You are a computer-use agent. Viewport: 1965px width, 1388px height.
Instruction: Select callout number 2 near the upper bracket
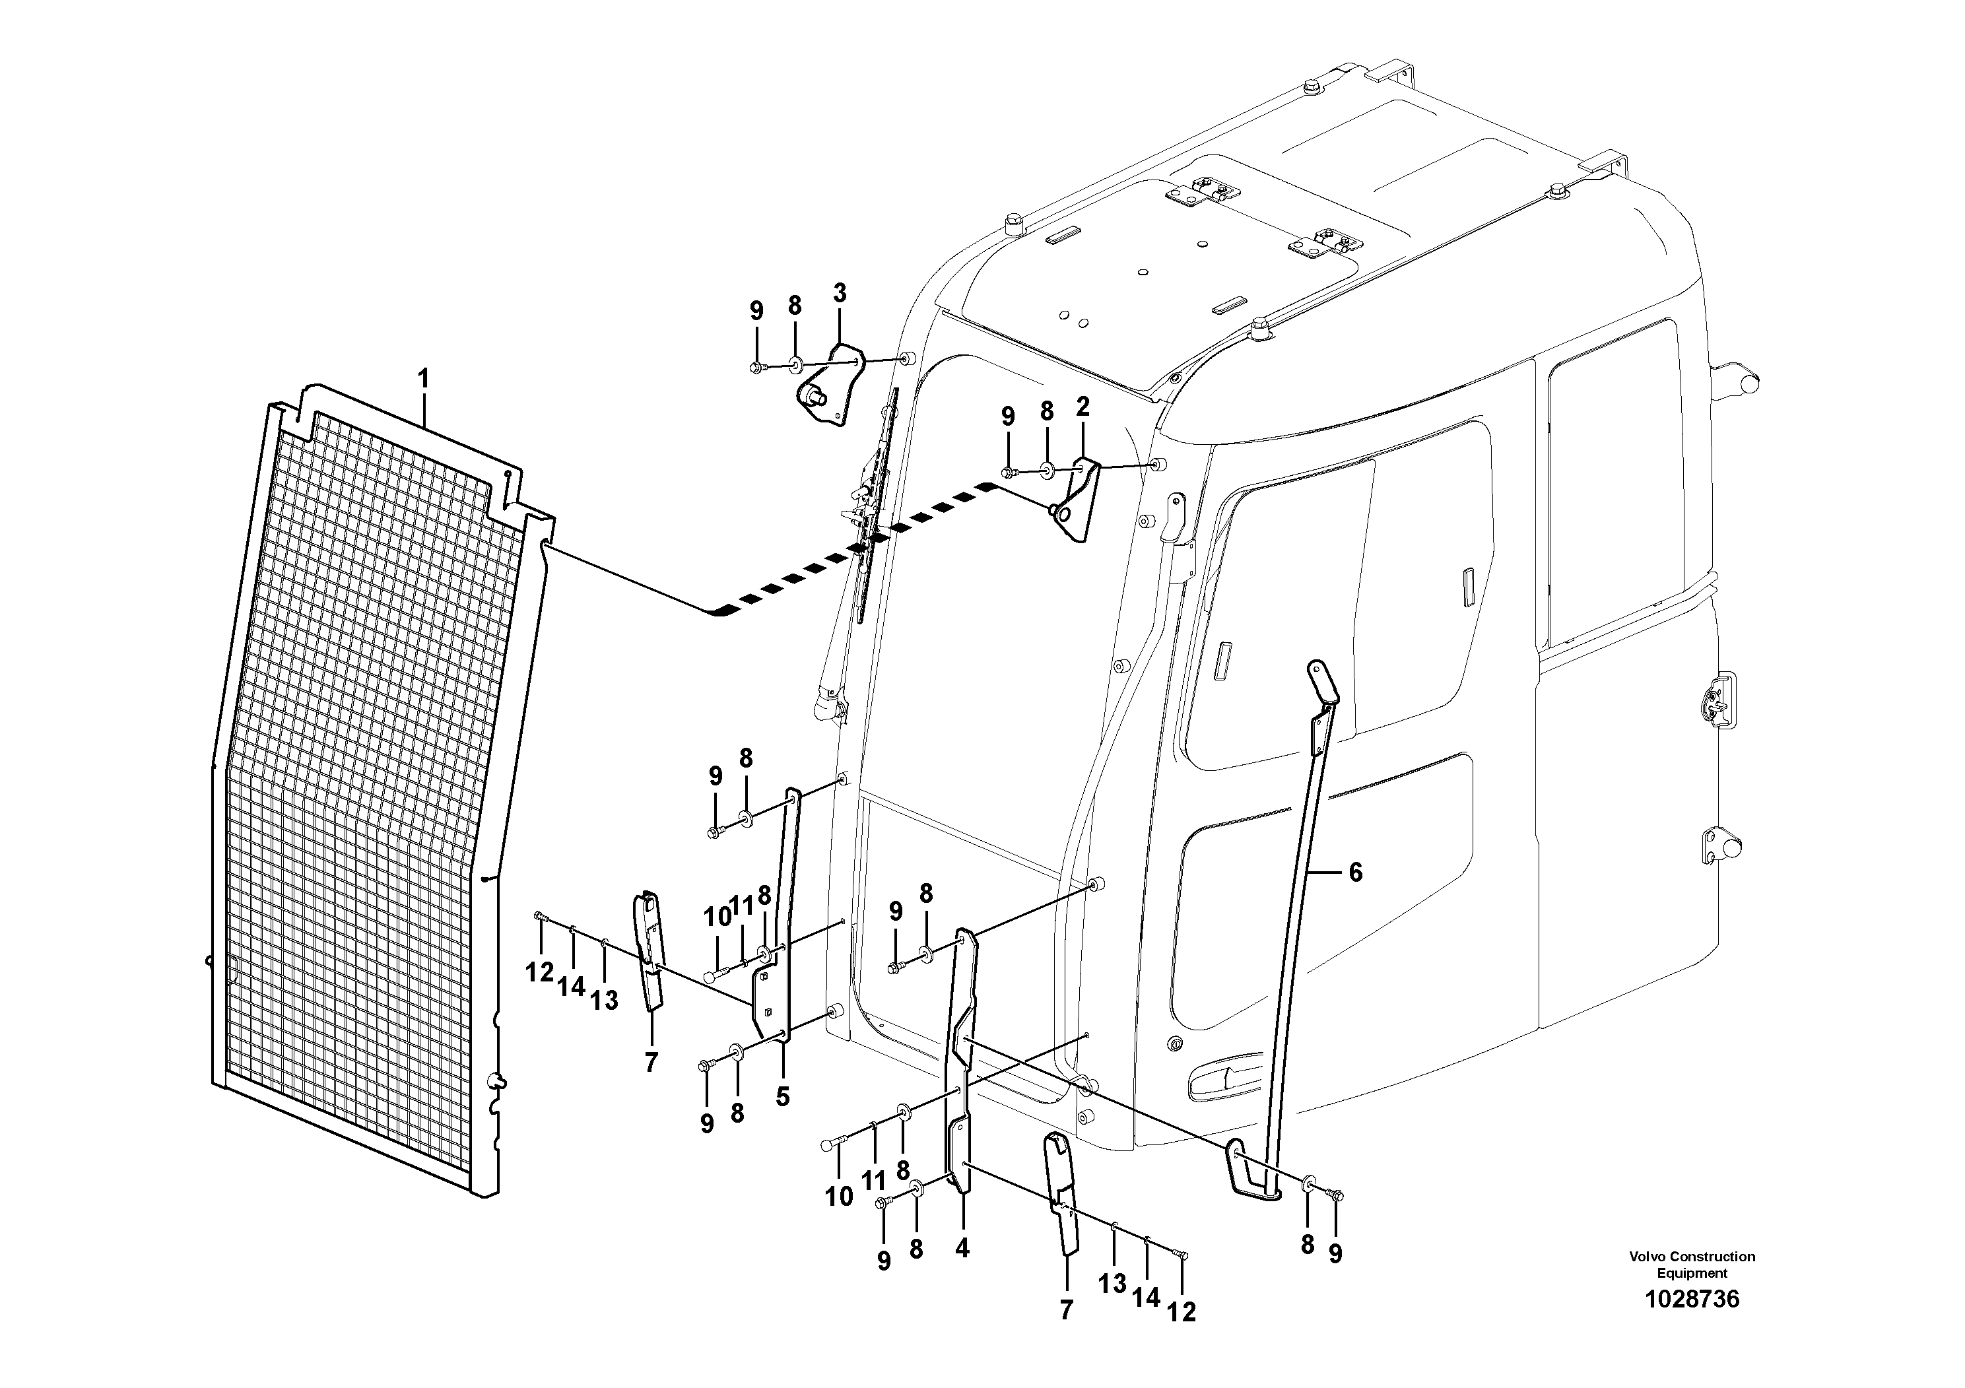[1082, 407]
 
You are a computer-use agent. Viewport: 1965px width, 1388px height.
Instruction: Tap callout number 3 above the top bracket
[840, 292]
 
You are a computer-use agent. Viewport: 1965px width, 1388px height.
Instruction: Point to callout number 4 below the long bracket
[962, 1249]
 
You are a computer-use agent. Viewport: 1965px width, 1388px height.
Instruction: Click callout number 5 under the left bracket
[782, 1096]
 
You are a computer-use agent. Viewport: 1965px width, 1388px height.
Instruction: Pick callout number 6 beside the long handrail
[1355, 872]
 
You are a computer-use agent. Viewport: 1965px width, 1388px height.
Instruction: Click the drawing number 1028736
[1691, 1299]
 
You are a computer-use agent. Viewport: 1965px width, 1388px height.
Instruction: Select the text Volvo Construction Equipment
[1691, 1264]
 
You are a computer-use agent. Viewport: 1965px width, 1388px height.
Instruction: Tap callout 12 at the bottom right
[1181, 1312]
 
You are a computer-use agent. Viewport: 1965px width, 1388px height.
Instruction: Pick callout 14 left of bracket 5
[571, 987]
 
